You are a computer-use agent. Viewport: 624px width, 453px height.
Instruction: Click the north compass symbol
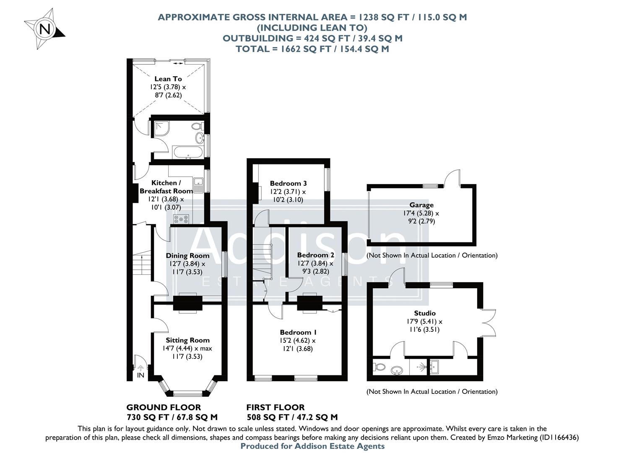[x=44, y=28]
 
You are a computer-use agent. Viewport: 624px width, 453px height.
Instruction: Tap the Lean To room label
[x=168, y=79]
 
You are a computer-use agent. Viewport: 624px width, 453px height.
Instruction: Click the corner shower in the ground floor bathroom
[x=161, y=128]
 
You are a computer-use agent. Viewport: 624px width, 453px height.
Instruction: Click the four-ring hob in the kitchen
[x=181, y=219]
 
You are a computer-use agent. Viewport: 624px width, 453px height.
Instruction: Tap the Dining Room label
[x=187, y=255]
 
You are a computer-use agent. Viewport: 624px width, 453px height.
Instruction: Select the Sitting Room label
[x=187, y=340]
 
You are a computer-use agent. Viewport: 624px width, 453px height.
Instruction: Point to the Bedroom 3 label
[x=288, y=183]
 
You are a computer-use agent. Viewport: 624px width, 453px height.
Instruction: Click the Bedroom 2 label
[x=315, y=255]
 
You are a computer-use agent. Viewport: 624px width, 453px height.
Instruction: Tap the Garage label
[x=421, y=205]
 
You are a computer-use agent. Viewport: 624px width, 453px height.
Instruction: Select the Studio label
[x=425, y=313]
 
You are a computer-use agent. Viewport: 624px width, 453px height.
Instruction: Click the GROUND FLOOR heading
[x=164, y=407]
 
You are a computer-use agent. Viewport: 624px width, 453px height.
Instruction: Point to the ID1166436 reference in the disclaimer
[x=556, y=437]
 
